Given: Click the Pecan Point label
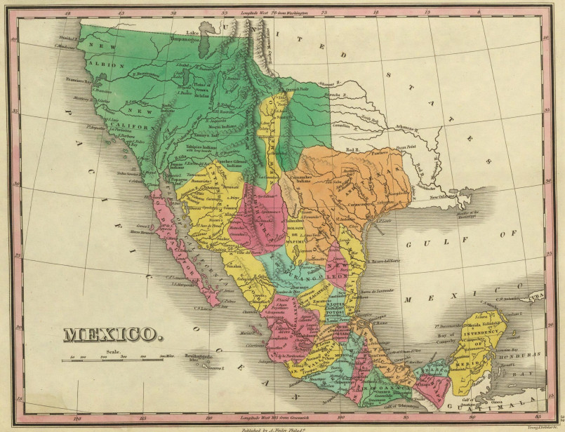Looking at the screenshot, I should [x=401, y=147].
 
